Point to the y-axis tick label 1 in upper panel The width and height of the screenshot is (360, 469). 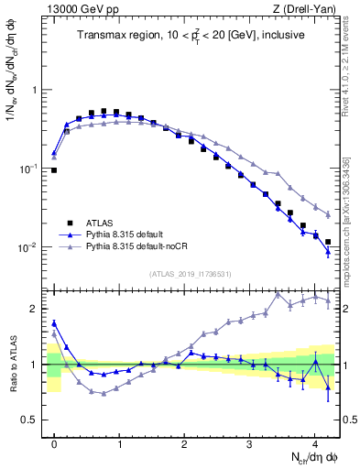coord(36,90)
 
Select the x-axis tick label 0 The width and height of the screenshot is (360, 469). coord(54,442)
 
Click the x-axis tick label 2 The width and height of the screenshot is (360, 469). coord(184,442)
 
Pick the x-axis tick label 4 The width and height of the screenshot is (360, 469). coord(314,442)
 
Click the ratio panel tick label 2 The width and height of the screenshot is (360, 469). coord(36,309)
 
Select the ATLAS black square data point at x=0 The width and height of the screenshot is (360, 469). coord(54,170)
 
